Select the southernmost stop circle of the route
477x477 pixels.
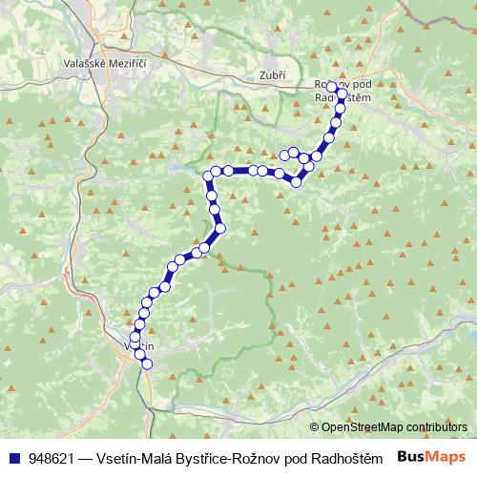click(148, 363)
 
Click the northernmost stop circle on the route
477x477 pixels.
click(332, 86)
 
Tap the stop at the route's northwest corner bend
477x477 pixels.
click(207, 176)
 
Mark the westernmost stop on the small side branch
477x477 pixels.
click(284, 154)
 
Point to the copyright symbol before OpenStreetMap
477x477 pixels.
click(315, 427)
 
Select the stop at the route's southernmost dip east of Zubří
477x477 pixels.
click(297, 180)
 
